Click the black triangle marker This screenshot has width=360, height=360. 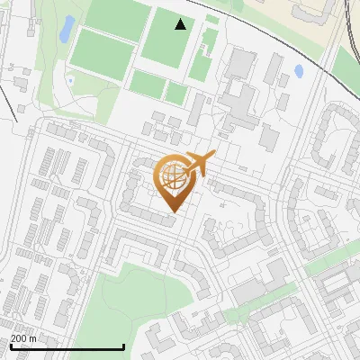181,24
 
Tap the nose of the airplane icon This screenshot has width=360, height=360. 213,156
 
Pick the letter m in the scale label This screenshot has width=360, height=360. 32,338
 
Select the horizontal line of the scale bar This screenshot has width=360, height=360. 67,347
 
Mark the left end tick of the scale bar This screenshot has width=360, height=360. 10,346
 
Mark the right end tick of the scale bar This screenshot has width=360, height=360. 123,346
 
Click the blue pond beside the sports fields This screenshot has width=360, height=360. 67,29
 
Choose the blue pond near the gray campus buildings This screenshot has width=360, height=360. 299,70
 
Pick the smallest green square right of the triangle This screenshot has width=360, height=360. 212,19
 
